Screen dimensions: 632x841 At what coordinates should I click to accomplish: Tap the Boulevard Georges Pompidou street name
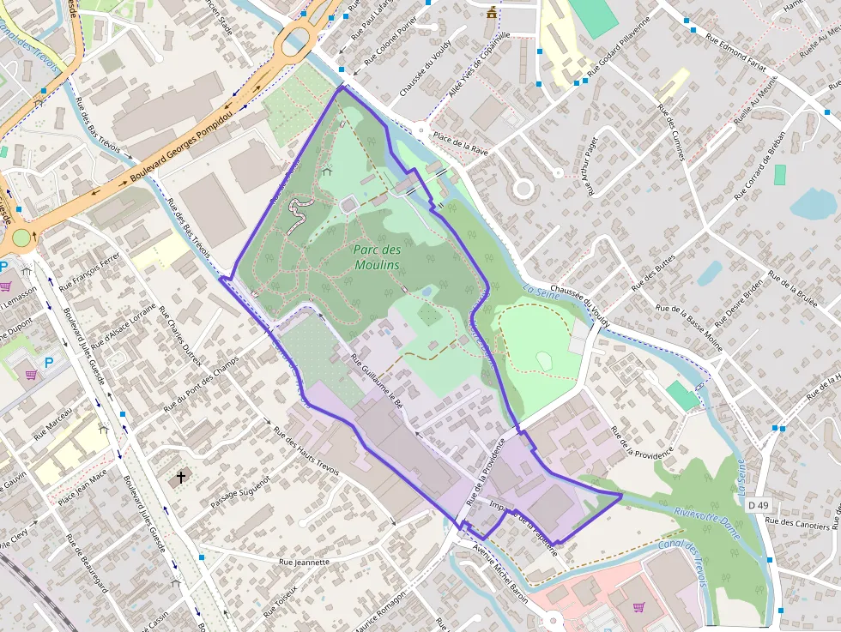point(182,149)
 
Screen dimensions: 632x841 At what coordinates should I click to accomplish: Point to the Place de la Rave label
point(460,142)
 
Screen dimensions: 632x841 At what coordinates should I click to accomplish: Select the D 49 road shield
point(758,505)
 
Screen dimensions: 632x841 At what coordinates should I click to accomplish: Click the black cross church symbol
point(181,476)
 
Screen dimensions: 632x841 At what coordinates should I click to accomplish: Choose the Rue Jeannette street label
point(304,563)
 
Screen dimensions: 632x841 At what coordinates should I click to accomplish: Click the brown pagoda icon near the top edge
point(492,12)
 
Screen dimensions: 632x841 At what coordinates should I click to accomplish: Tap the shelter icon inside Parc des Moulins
point(327,172)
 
